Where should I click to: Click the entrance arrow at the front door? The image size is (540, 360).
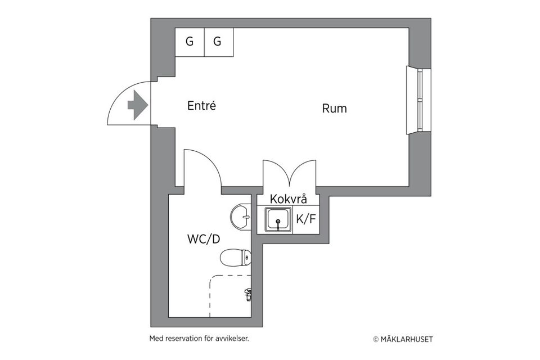pyautogui.click(x=137, y=105)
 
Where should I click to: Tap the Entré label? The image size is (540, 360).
pyautogui.click(x=201, y=105)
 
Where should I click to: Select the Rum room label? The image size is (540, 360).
pyautogui.click(x=334, y=109)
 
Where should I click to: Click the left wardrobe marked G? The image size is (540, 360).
pyautogui.click(x=190, y=42)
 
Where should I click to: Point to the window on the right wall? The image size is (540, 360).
pyautogui.click(x=420, y=101)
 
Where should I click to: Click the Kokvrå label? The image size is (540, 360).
pyautogui.click(x=288, y=199)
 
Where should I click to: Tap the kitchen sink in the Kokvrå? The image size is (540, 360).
pyautogui.click(x=278, y=219)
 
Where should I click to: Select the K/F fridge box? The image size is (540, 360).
pyautogui.click(x=305, y=219)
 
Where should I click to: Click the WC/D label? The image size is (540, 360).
pyautogui.click(x=204, y=238)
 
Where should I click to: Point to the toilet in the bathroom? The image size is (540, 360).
pyautogui.click(x=235, y=258)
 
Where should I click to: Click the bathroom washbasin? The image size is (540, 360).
pyautogui.click(x=242, y=215)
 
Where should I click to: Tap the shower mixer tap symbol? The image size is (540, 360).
pyautogui.click(x=248, y=293)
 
